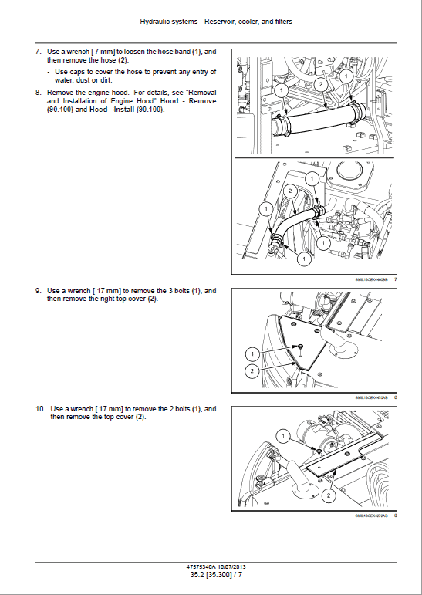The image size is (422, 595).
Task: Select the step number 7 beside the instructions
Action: pos(38,52)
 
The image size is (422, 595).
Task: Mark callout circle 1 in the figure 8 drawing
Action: pos(252,353)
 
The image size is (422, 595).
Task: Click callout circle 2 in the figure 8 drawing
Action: pos(252,371)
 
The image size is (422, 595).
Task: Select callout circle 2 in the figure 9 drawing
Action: pos(328,494)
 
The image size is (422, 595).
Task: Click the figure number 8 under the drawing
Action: pos(395,397)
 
